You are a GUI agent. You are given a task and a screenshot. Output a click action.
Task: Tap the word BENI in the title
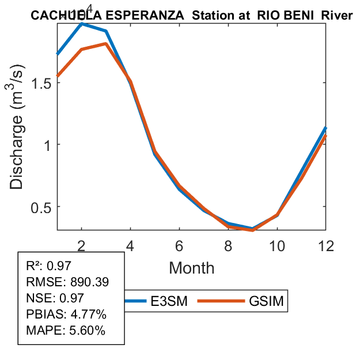click(x=296, y=16)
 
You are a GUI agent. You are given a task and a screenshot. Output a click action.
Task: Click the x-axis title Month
click(x=191, y=268)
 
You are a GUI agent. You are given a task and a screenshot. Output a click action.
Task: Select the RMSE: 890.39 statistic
click(x=68, y=282)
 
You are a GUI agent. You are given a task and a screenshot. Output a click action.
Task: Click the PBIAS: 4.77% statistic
click(x=66, y=315)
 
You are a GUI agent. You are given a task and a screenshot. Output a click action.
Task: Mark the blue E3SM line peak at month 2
click(x=82, y=24)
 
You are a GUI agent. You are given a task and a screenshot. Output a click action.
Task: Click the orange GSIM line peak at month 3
click(x=106, y=43)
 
